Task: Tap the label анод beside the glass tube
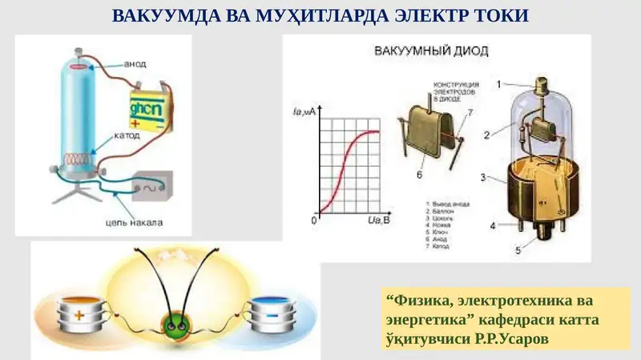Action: [x=137, y=63]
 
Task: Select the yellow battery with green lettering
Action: [x=148, y=111]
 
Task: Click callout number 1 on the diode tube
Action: [x=498, y=83]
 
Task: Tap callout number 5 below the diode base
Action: [x=518, y=251]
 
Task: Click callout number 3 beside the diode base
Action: [x=482, y=176]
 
